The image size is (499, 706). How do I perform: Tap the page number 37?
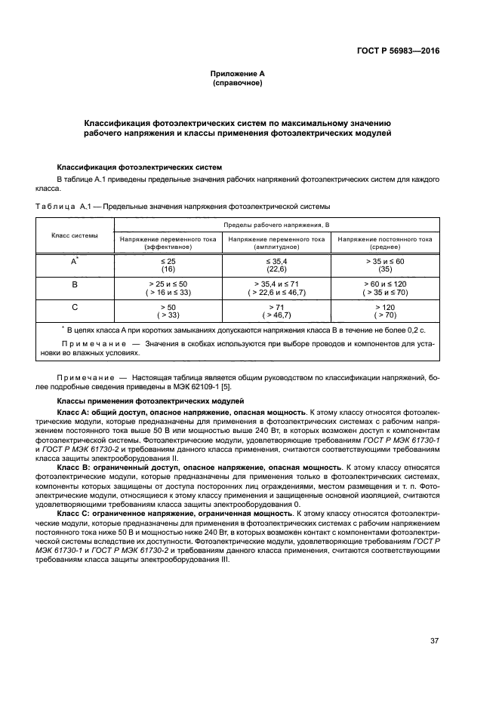434,641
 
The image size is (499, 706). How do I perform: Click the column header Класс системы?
74,235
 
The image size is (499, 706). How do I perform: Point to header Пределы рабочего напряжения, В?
277,225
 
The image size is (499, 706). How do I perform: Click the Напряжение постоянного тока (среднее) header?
384,242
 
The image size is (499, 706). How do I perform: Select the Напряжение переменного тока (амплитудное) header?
276,242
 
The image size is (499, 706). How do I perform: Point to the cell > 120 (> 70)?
384,312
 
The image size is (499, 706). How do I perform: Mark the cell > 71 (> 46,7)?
276,312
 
